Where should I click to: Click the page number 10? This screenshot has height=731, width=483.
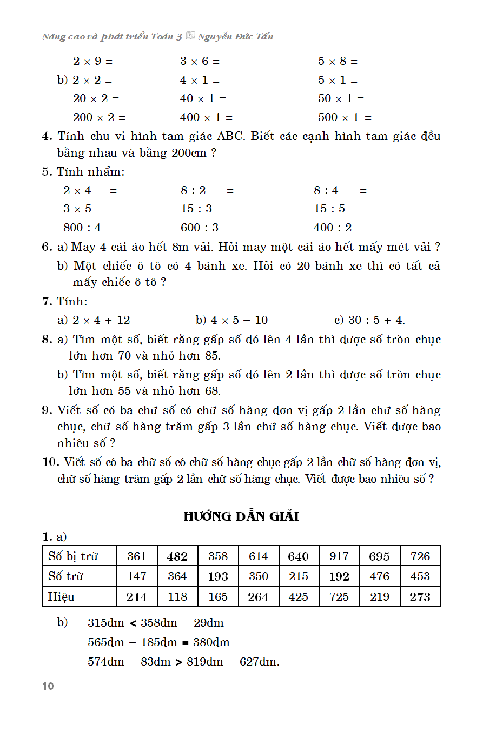coord(48,686)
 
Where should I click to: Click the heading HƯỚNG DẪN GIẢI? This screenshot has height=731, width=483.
coord(241,516)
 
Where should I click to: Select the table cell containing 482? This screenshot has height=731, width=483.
coord(177,556)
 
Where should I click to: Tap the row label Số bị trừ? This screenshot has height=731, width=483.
coord(74,556)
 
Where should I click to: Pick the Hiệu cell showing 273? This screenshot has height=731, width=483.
coord(420,597)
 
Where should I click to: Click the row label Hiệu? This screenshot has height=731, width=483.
coord(61,597)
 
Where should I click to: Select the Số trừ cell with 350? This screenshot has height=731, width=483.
coord(259,576)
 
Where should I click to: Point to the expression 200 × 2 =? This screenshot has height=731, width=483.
coord(99,117)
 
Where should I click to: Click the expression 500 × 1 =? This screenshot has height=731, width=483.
coord(345,117)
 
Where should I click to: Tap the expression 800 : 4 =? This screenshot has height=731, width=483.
coord(90,228)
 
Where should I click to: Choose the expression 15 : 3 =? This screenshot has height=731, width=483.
coord(208,209)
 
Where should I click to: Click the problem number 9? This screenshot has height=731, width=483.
coord(46,410)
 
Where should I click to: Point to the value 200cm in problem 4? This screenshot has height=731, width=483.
coord(189,153)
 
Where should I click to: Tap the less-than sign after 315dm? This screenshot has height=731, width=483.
coord(133,623)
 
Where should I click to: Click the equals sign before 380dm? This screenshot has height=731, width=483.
coord(184,643)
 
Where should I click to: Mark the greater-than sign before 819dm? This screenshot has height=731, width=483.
coord(179,662)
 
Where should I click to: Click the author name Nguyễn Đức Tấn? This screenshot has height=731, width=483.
coord(235,37)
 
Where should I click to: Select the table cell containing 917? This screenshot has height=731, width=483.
coord(339,556)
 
